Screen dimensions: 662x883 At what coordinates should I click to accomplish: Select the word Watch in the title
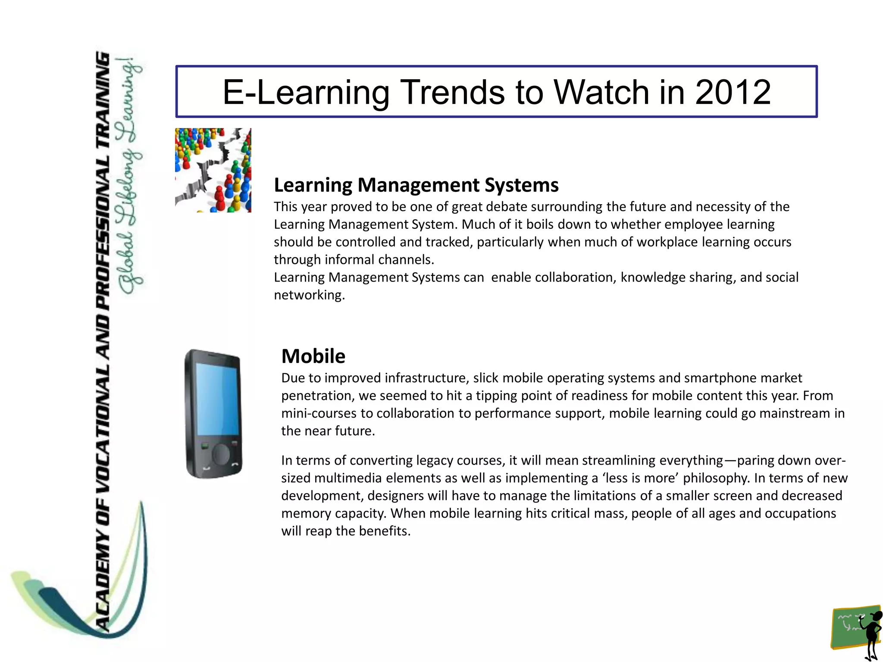tap(601, 92)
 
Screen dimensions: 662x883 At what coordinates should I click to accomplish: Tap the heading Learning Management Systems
tap(416, 185)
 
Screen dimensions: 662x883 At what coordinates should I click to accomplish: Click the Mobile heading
tap(313, 356)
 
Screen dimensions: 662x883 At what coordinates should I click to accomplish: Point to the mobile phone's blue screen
tap(217, 399)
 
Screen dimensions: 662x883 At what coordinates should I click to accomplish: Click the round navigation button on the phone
tap(221, 454)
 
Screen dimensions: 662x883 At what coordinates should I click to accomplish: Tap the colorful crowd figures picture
tap(213, 170)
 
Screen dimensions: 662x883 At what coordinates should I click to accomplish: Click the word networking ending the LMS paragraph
tap(309, 295)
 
